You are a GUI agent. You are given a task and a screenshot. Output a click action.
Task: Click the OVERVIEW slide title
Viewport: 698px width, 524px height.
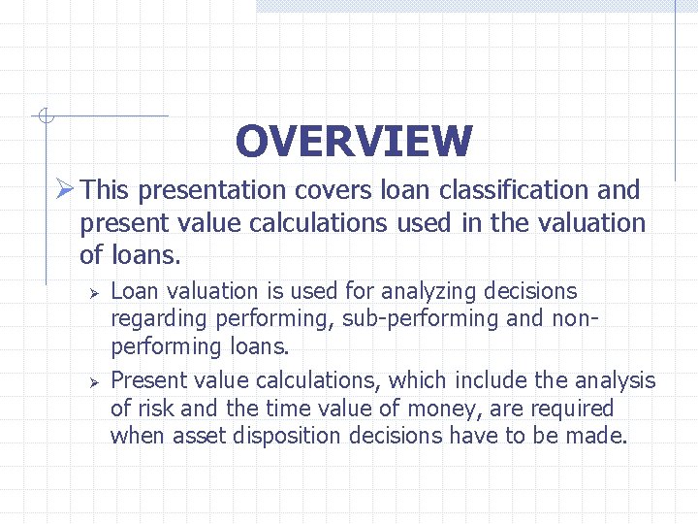click(x=353, y=141)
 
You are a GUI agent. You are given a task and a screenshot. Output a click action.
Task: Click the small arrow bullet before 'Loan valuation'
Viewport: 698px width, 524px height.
click(x=95, y=292)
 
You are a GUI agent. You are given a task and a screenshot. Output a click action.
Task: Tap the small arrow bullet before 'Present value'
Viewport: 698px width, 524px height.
click(x=95, y=381)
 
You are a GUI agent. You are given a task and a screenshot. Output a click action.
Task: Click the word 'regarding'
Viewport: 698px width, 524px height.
click(x=159, y=319)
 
